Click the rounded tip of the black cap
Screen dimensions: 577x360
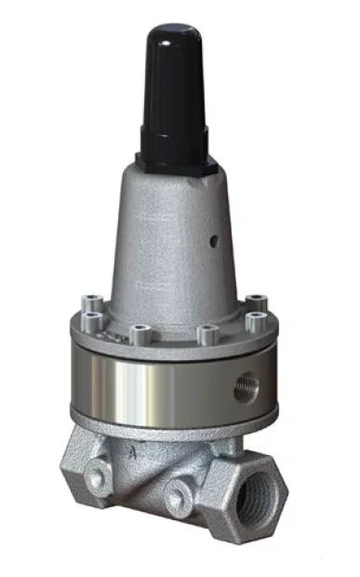(173, 33)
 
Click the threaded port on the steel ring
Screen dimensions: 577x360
(246, 385)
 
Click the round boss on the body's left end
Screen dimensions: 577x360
(96, 478)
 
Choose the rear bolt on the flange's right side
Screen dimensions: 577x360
(256, 302)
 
